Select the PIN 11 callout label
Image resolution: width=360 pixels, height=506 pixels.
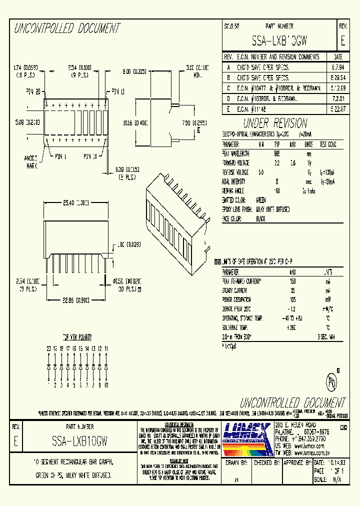(x=118, y=91)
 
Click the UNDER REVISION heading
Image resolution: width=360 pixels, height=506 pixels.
(x=275, y=123)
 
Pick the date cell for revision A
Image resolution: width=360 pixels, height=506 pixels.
(x=337, y=66)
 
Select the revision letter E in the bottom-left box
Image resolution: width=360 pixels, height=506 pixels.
(x=16, y=441)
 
